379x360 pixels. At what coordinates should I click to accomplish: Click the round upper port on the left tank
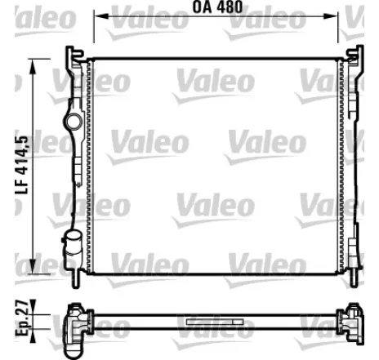tap(74, 122)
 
